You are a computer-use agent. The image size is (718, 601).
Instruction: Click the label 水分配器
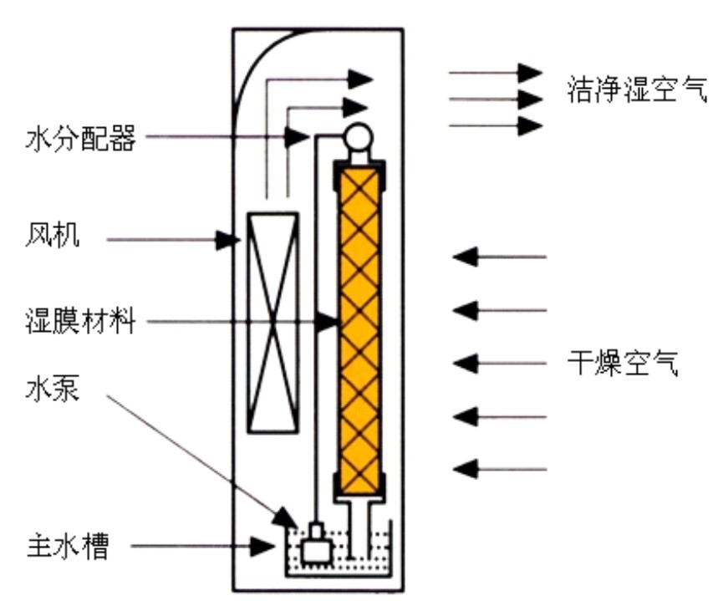[79, 139]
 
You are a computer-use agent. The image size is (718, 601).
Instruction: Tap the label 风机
[53, 237]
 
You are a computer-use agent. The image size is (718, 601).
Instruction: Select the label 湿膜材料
[79, 320]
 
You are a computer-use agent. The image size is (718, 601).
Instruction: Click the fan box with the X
[272, 322]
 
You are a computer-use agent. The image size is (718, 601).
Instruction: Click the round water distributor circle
[360, 135]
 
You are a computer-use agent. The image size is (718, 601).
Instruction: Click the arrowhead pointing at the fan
[227, 240]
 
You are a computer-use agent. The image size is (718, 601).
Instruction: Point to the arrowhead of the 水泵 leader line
[287, 517]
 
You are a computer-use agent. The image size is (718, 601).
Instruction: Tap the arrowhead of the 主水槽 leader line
[264, 548]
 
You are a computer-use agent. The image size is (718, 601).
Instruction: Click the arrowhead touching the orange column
[328, 320]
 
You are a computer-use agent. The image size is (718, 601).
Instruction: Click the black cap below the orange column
[362, 486]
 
